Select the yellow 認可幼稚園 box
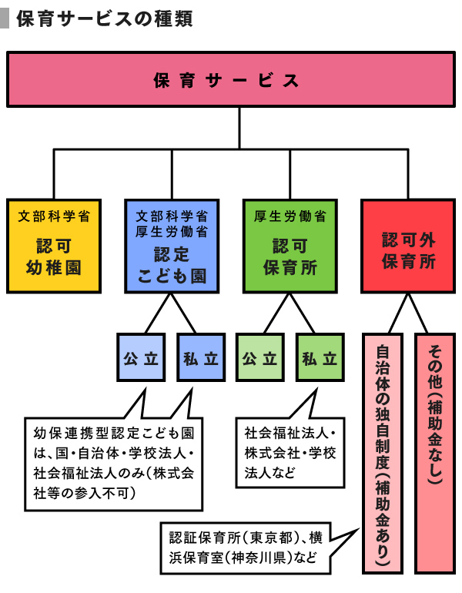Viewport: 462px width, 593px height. [x=54, y=246]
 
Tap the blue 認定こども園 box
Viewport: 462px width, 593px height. [x=172, y=246]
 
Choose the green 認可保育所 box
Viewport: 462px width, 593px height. [x=290, y=246]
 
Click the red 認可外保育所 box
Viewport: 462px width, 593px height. [x=408, y=246]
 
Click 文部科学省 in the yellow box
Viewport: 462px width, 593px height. [x=54, y=216]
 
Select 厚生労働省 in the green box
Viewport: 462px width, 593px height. [x=290, y=216]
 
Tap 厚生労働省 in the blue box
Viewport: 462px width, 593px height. [x=172, y=230]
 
